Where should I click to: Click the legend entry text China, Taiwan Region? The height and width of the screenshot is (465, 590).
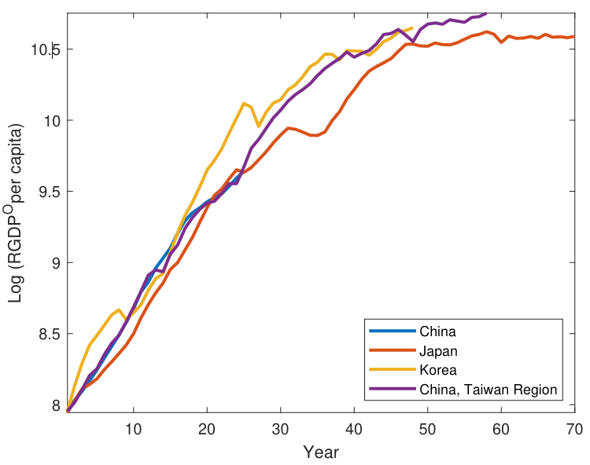coord(489,389)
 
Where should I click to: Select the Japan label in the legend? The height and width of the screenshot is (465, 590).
coord(439,350)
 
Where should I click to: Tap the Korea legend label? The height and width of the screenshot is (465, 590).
coord(439,369)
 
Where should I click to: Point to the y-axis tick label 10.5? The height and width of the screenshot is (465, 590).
coord(45,49)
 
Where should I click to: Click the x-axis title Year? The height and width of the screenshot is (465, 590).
coord(321,452)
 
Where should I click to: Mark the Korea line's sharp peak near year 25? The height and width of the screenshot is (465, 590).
coord(244,103)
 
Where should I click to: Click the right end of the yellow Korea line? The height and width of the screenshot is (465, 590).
coord(412,27)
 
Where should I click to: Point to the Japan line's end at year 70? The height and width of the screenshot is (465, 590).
coord(574,36)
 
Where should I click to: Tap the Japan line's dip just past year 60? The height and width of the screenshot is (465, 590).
coord(501,42)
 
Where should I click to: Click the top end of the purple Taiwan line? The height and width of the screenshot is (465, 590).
coord(486,13)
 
